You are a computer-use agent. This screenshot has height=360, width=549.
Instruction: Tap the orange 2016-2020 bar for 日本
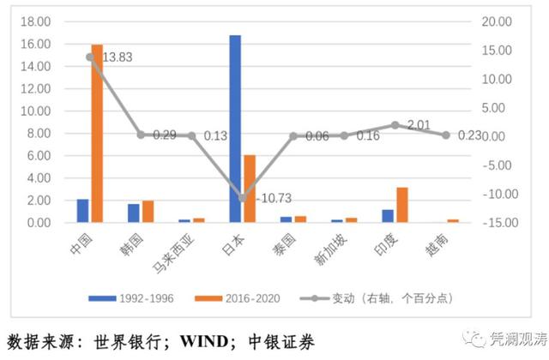[249, 189]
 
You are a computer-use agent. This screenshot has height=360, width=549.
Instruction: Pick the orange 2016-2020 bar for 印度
[401, 205]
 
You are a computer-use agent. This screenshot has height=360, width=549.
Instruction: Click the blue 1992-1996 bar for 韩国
[133, 213]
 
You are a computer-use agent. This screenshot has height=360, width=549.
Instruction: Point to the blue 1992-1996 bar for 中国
[82, 211]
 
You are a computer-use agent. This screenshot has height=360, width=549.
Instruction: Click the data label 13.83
[118, 57]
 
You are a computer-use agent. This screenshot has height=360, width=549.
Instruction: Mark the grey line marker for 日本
[242, 198]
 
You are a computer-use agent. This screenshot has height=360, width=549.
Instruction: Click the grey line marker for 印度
[395, 125]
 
